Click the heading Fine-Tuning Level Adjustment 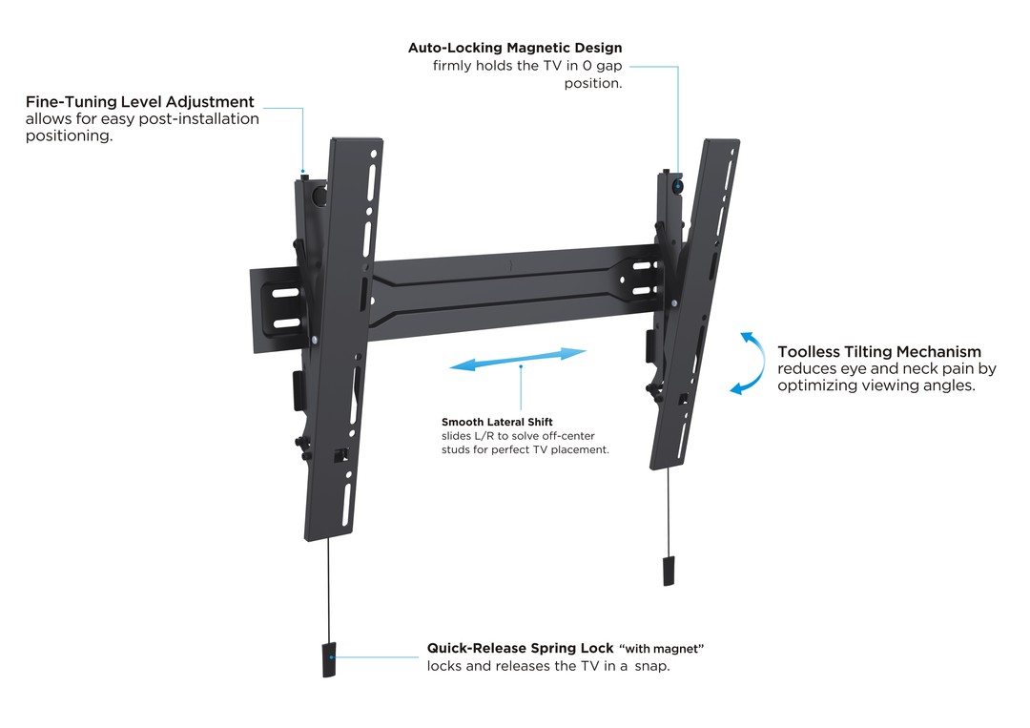140,101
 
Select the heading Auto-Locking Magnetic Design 515,48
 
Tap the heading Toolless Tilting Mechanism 878,352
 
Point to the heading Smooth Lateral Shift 497,422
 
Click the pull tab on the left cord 329,661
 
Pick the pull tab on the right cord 669,570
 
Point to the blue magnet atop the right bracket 677,184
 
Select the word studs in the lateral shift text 457,449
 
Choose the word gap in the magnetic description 604,66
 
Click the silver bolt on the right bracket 674,303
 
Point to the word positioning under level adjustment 69,136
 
